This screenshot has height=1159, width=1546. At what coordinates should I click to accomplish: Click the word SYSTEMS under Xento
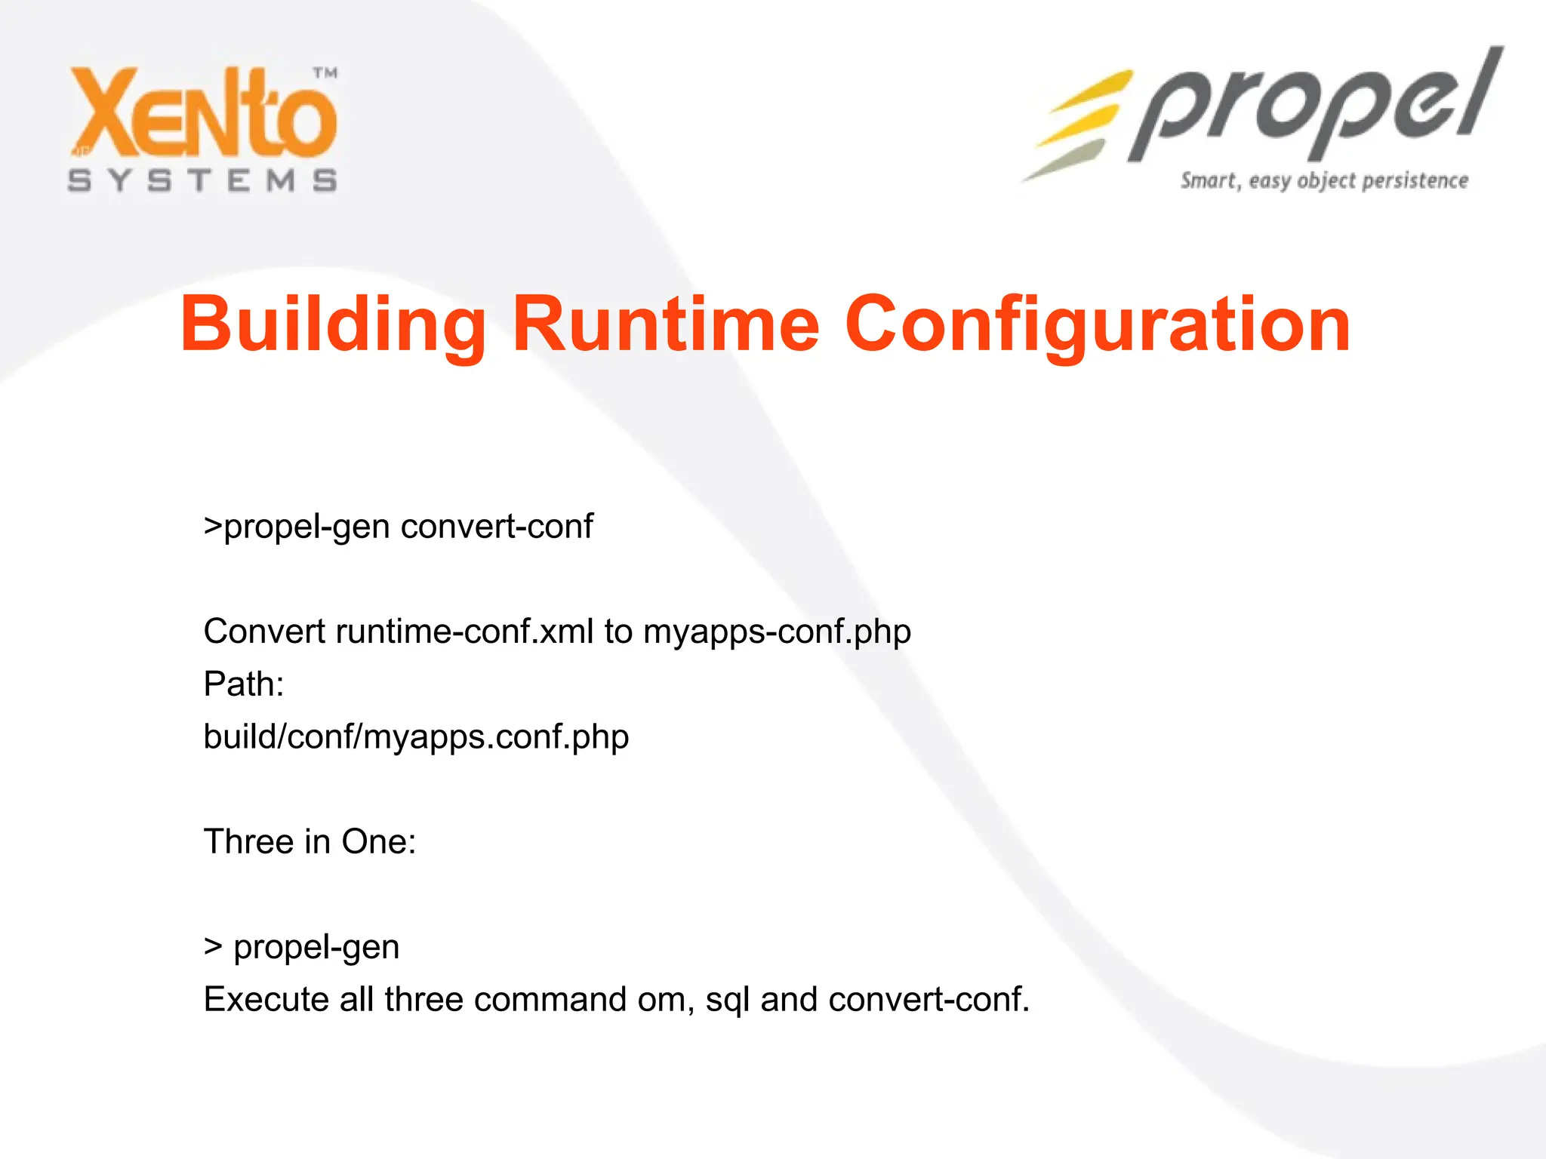pos(202,181)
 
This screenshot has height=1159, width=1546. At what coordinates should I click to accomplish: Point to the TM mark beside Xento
pos(325,73)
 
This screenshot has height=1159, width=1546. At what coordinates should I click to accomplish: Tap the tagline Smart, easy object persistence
pos(1324,181)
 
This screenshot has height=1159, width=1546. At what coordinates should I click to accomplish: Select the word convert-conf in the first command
pos(497,526)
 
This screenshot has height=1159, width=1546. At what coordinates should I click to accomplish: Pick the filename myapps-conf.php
pos(777,631)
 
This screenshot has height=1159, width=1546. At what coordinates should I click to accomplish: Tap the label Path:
pos(243,684)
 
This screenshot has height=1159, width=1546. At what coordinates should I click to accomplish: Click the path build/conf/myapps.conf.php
pos(416,736)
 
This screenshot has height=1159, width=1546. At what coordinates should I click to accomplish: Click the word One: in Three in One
pos(378,841)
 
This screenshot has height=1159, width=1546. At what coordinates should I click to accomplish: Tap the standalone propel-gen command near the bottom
pos(316,947)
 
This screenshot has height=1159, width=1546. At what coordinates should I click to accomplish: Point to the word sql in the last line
pos(727,999)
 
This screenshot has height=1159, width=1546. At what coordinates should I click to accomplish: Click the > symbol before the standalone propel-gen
pos(213,947)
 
